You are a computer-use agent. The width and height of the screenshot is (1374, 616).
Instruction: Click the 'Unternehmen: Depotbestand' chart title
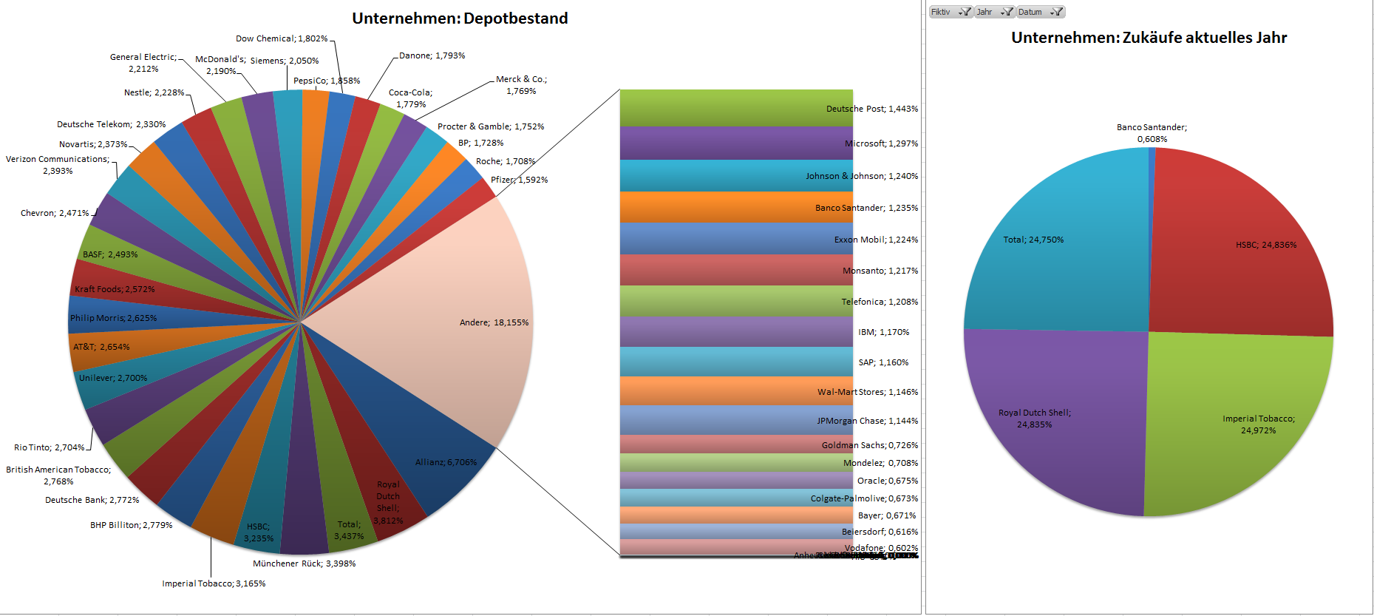click(x=460, y=18)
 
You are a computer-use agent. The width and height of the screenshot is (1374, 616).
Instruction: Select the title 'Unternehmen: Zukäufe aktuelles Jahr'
click(x=1149, y=38)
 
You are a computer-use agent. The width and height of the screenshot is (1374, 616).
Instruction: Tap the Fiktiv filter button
click(x=950, y=12)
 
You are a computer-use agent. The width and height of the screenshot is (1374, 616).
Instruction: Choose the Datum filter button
click(x=1040, y=12)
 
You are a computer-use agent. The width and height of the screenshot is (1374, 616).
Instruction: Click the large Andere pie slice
click(x=443, y=296)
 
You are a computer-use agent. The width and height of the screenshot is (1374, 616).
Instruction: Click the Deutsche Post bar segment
click(x=736, y=108)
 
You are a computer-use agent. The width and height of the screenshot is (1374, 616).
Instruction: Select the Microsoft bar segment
click(x=736, y=143)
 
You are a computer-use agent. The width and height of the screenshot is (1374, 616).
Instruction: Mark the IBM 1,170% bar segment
click(x=736, y=332)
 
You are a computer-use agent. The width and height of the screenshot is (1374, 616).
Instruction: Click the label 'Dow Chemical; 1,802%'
click(x=282, y=38)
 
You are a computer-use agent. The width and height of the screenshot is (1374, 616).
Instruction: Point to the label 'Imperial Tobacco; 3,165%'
click(x=214, y=583)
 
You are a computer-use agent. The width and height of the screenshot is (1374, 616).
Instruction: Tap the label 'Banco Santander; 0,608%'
click(x=1152, y=133)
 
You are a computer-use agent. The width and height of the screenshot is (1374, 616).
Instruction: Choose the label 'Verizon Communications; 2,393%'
click(x=58, y=165)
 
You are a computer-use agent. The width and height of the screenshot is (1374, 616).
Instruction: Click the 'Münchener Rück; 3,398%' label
click(x=304, y=563)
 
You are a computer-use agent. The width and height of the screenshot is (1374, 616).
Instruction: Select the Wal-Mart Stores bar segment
click(x=736, y=391)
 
